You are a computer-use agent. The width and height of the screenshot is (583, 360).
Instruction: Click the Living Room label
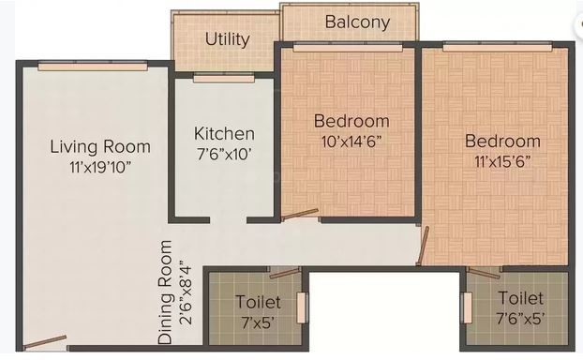(100, 147)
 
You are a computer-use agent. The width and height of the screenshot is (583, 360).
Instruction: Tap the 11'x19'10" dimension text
(99, 167)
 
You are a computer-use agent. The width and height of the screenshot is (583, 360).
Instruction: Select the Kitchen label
(223, 134)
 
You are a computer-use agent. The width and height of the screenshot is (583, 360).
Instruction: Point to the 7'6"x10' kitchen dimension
(223, 154)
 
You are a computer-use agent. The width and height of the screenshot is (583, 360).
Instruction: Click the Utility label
(227, 39)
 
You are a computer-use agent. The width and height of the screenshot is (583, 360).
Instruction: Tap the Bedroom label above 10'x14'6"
(351, 121)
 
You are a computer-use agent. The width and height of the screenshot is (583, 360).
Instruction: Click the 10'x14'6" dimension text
(351, 141)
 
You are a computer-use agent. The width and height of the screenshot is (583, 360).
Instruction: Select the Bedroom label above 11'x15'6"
(502, 142)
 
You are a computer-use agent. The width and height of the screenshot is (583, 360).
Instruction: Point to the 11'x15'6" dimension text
(502, 161)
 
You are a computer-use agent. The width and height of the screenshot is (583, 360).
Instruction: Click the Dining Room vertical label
(165, 290)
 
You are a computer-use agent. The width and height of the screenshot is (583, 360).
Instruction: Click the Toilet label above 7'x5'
(256, 302)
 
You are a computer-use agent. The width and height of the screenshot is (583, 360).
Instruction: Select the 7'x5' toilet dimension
(256, 322)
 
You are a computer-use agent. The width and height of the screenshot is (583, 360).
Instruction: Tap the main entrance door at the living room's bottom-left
(45, 340)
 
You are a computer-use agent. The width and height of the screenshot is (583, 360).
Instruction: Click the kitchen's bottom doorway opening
(226, 220)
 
